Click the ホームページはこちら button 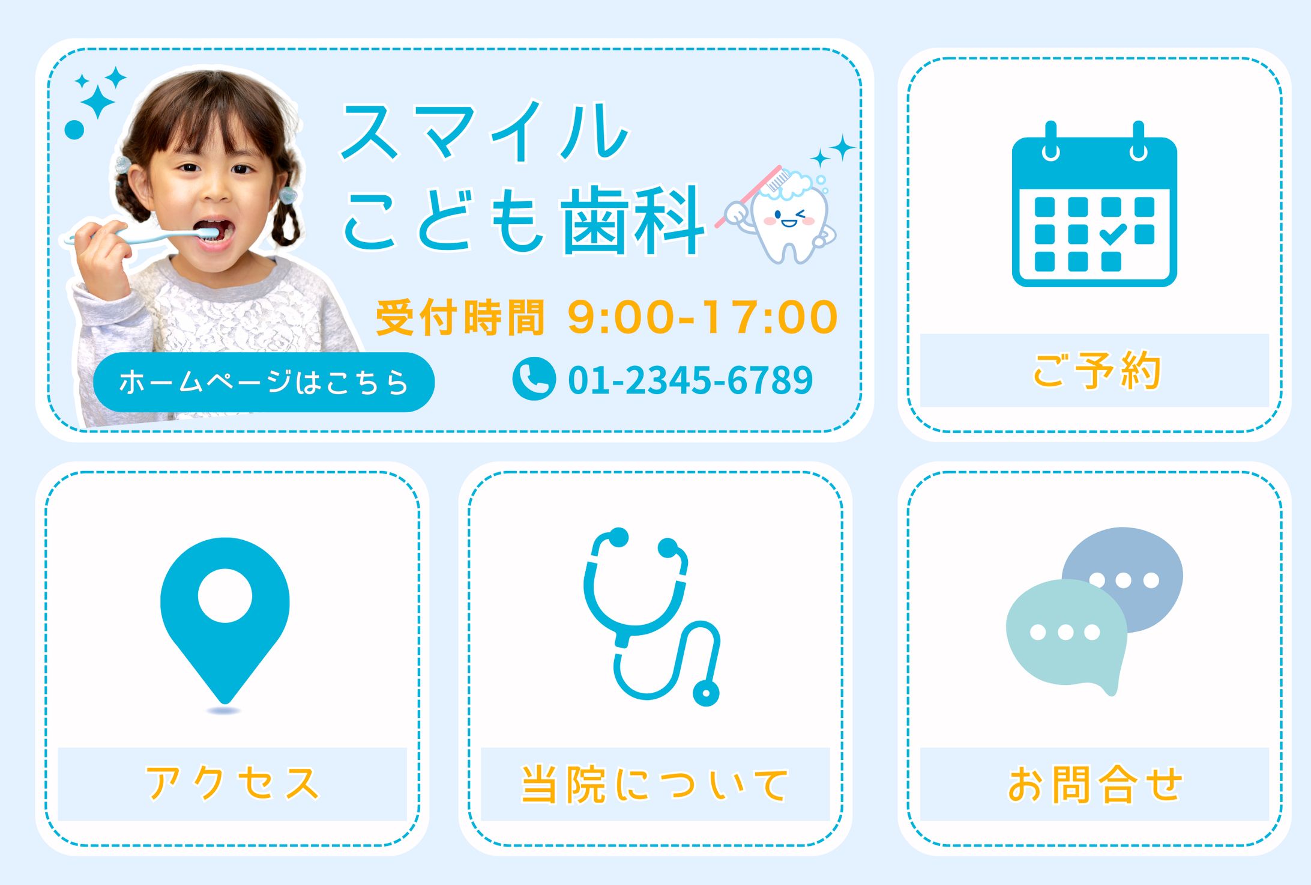click(x=264, y=382)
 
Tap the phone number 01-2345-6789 click(x=690, y=380)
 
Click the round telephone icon click(x=534, y=379)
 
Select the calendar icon click(x=1094, y=207)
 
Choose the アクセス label click(x=232, y=783)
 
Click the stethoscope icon click(x=651, y=616)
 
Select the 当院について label click(x=655, y=783)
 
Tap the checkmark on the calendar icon click(x=1113, y=234)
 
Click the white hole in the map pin click(x=225, y=595)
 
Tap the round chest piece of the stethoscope click(x=706, y=694)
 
